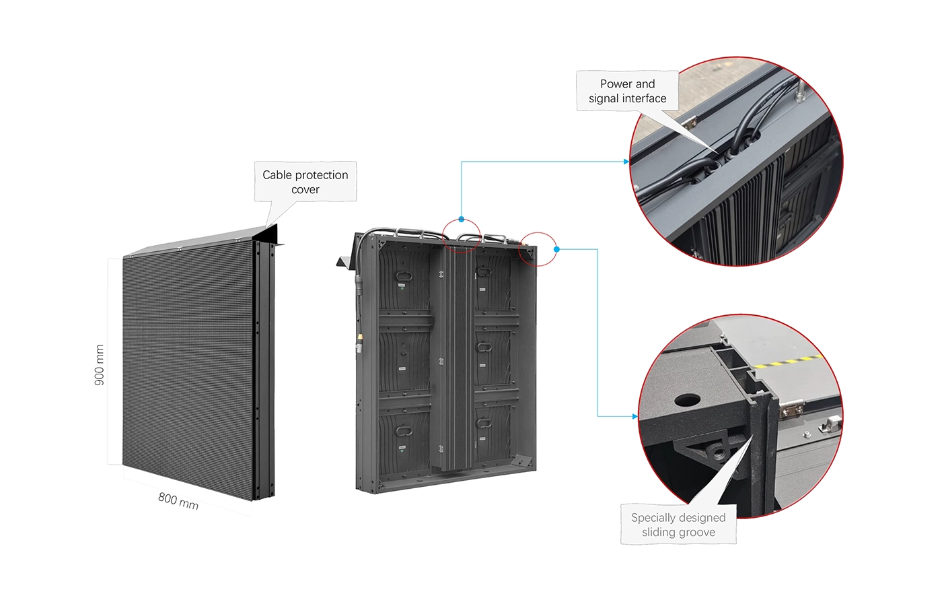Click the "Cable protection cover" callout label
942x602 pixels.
point(305,182)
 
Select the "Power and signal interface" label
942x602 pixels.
point(627,91)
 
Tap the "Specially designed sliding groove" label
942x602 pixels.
point(678,525)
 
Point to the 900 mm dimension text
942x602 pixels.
point(100,365)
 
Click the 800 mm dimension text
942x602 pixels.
point(178,501)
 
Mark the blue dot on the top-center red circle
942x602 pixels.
point(461,219)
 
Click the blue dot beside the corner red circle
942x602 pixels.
point(556,249)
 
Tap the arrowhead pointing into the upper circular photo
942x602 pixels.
point(626,162)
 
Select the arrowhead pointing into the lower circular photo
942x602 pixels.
point(635,416)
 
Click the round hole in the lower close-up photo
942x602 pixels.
point(686,400)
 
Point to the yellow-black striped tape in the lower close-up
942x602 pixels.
point(787,363)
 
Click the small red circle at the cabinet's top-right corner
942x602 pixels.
point(538,249)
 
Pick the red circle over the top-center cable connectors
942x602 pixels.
point(461,236)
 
